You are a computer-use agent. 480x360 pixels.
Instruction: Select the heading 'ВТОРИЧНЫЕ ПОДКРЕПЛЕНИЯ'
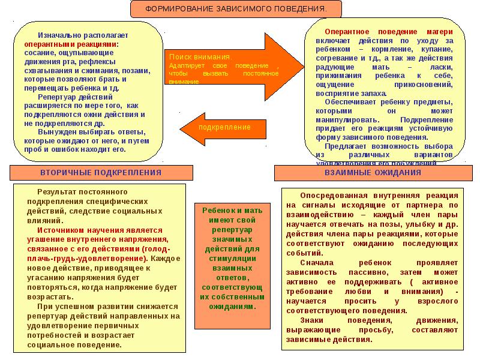101,173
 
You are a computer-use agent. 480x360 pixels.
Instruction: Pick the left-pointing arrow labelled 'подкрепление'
216,128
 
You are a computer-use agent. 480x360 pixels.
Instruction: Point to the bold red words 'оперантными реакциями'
71,44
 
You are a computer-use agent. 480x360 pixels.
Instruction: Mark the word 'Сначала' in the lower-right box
316,263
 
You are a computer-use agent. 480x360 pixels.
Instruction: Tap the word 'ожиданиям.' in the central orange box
233,305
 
